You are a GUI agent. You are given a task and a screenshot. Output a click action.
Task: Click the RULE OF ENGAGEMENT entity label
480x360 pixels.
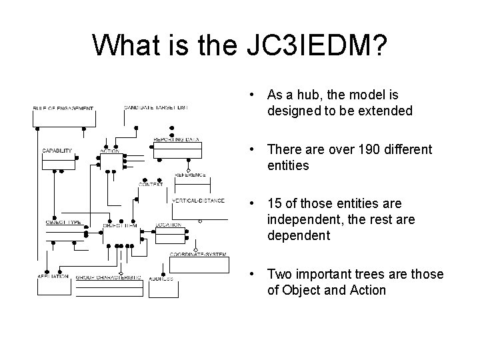click(63, 108)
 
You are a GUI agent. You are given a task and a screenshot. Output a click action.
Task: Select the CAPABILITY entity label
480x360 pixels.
click(57, 151)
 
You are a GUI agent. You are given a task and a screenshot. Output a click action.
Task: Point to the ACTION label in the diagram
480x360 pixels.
click(109, 151)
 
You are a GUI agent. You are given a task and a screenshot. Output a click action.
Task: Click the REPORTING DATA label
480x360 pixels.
click(177, 139)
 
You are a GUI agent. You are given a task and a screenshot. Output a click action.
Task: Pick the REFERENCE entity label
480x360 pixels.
click(190, 175)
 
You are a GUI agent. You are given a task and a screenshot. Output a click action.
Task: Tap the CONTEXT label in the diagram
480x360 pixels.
click(151, 184)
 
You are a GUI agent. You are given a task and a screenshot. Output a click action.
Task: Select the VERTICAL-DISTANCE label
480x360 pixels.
click(198, 200)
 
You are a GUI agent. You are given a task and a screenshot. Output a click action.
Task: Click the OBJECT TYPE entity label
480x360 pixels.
click(63, 222)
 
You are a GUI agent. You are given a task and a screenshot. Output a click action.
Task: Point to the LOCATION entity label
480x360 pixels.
click(169, 225)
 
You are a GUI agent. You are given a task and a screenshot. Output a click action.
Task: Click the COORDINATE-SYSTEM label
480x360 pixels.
click(198, 255)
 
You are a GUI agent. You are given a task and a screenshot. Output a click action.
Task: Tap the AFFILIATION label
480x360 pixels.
click(53, 277)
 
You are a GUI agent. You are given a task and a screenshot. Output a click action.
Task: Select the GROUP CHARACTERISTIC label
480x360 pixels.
click(108, 277)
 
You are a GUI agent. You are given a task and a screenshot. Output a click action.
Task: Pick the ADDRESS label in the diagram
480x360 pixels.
click(161, 278)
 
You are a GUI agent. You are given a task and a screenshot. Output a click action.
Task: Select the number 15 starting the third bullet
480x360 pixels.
click(274, 203)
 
